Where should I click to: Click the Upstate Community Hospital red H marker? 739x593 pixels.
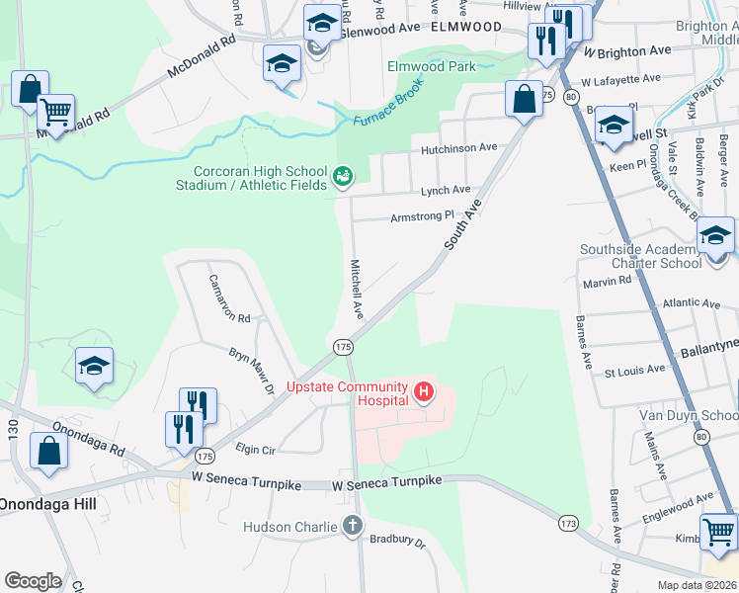point(424,392)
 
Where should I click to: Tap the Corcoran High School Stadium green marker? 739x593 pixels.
point(343,177)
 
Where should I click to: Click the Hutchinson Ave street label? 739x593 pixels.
point(458,147)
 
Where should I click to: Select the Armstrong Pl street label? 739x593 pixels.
point(422,215)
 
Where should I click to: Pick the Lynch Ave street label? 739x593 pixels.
point(446,190)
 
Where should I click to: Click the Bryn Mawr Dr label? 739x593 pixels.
point(251,370)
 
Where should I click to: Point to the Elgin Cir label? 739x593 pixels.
point(255,450)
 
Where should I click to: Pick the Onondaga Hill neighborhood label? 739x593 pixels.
point(48,503)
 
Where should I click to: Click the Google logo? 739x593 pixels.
point(33,581)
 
